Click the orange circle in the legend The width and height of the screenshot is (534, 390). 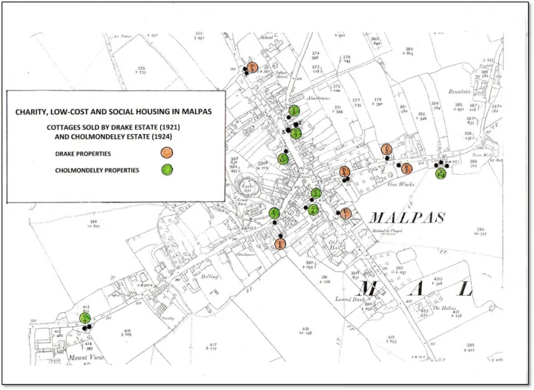coord(166,153)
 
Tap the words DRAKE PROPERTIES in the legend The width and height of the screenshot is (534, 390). coord(83,153)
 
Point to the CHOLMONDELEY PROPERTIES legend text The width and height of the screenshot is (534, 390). coord(97,171)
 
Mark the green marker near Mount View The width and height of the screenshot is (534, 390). coord(85,318)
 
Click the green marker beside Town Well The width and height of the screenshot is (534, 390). coord(441,174)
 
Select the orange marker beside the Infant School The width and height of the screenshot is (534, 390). coord(253,67)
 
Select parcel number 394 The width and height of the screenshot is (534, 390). coord(93,220)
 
